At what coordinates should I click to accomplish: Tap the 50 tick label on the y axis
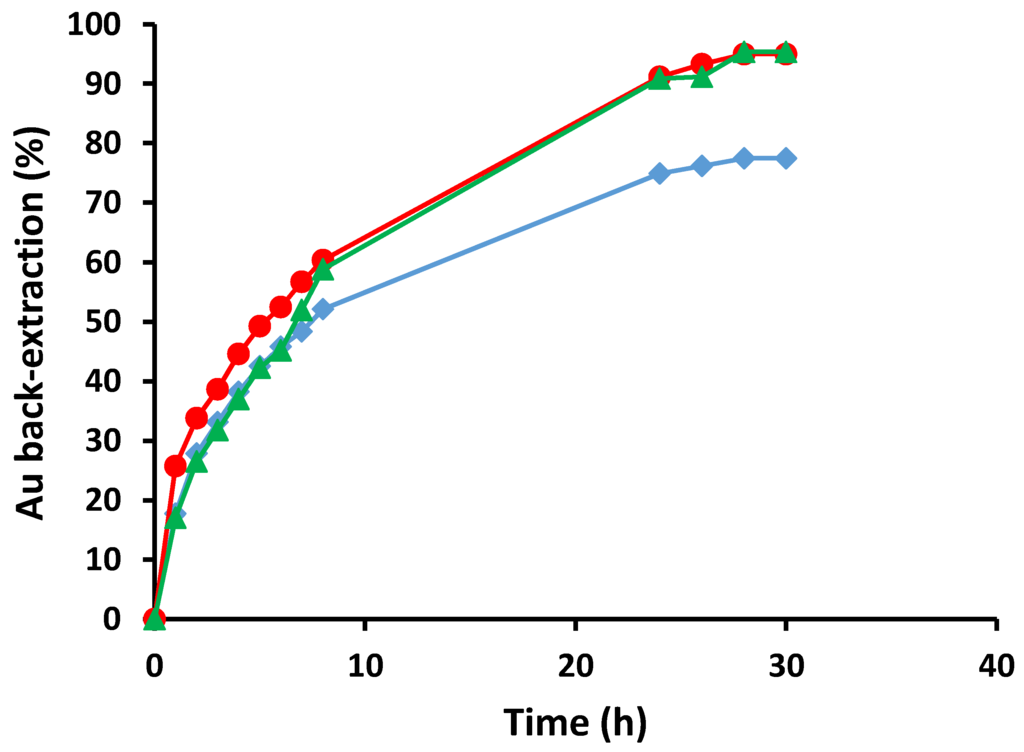(x=110, y=322)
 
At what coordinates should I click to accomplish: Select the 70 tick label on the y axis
(x=110, y=203)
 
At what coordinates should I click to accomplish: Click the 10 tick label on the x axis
(x=364, y=665)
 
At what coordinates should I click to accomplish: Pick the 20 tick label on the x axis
(x=575, y=665)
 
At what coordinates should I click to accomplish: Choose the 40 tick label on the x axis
(x=996, y=665)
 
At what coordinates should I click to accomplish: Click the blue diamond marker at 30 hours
(x=786, y=158)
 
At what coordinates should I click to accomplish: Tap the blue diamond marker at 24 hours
(x=659, y=173)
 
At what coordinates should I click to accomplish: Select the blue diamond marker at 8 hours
(x=322, y=309)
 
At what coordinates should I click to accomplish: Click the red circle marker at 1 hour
(x=175, y=466)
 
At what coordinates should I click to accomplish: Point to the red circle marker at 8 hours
(x=322, y=260)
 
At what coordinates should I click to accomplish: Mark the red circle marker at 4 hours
(x=238, y=354)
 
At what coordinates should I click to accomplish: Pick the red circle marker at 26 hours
(x=702, y=64)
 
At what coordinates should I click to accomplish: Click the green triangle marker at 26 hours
(x=702, y=78)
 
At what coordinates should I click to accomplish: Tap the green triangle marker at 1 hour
(x=175, y=518)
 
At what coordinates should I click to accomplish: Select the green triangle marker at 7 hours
(x=301, y=311)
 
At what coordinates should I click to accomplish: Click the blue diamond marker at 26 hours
(x=702, y=165)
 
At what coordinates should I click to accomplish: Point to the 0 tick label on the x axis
(x=154, y=665)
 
